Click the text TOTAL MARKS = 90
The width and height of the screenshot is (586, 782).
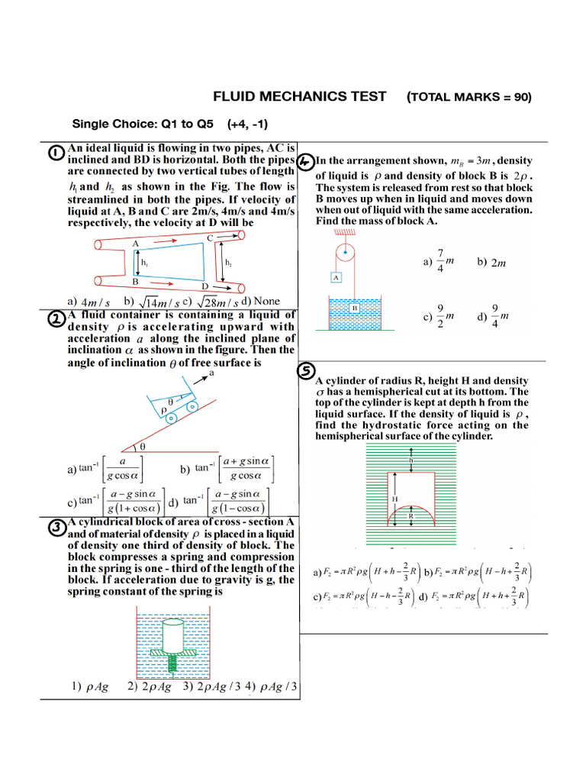point(469,97)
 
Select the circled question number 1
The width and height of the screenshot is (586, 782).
point(56,153)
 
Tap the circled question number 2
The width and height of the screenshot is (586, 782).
point(56,321)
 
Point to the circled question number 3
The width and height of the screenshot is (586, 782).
point(56,528)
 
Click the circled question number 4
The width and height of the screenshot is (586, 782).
point(304,162)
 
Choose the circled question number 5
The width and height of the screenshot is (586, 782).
point(304,370)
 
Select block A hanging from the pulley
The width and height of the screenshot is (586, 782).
point(336,276)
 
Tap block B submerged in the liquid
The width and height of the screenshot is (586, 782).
point(355,309)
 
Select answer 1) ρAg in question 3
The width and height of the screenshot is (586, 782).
point(90,686)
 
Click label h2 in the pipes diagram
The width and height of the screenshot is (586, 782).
point(229,262)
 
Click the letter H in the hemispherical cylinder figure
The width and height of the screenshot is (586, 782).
point(395,498)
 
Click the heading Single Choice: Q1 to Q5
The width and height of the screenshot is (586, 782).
point(143,124)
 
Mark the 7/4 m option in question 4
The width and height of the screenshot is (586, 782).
point(440,261)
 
